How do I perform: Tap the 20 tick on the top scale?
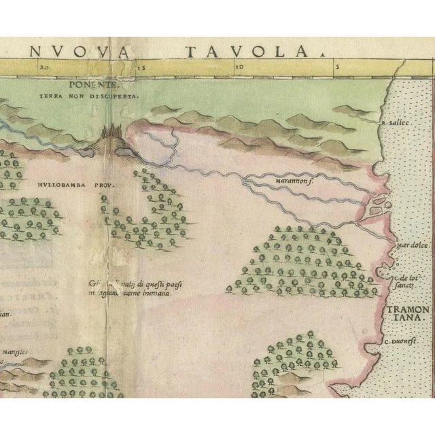click(44, 67)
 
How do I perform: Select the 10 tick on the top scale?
click(238, 67)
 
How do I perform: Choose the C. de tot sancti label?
click(400, 283)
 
